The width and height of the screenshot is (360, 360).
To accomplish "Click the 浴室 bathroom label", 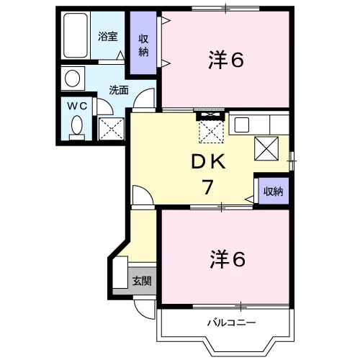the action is coord(108,37).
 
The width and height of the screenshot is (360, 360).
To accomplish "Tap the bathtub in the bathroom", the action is coord(76,35).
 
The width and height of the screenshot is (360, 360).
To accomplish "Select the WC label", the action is coord(77,106).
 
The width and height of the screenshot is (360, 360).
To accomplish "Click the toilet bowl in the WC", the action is coord(77,125).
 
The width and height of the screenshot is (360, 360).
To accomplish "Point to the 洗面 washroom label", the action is coord(119,90).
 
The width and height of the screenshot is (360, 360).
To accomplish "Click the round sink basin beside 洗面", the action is coord(73,78).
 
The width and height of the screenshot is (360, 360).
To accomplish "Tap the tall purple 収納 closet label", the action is coord(143,45).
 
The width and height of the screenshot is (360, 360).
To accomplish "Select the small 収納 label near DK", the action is coord(274,192).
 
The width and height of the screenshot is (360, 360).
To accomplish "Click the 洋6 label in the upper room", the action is coord(226,60).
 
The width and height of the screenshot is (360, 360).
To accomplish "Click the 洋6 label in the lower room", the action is coord(228,259).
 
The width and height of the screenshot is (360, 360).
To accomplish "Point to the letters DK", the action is coord(208,161).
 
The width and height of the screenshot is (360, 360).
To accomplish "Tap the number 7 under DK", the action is coord(207,187).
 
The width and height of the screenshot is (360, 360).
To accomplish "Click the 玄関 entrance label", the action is coord(142,281).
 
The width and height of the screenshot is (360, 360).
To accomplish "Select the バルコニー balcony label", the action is coord(231,323).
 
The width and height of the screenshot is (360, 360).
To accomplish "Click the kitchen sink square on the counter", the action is coord(242,125).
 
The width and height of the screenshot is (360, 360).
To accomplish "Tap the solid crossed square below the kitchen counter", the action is coord(266,148).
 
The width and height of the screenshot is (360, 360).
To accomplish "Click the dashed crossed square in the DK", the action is coord(212,132).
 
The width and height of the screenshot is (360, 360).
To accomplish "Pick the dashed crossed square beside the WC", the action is coord(112,129).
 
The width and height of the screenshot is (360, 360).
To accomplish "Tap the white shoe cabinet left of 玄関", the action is coord(120,272).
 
